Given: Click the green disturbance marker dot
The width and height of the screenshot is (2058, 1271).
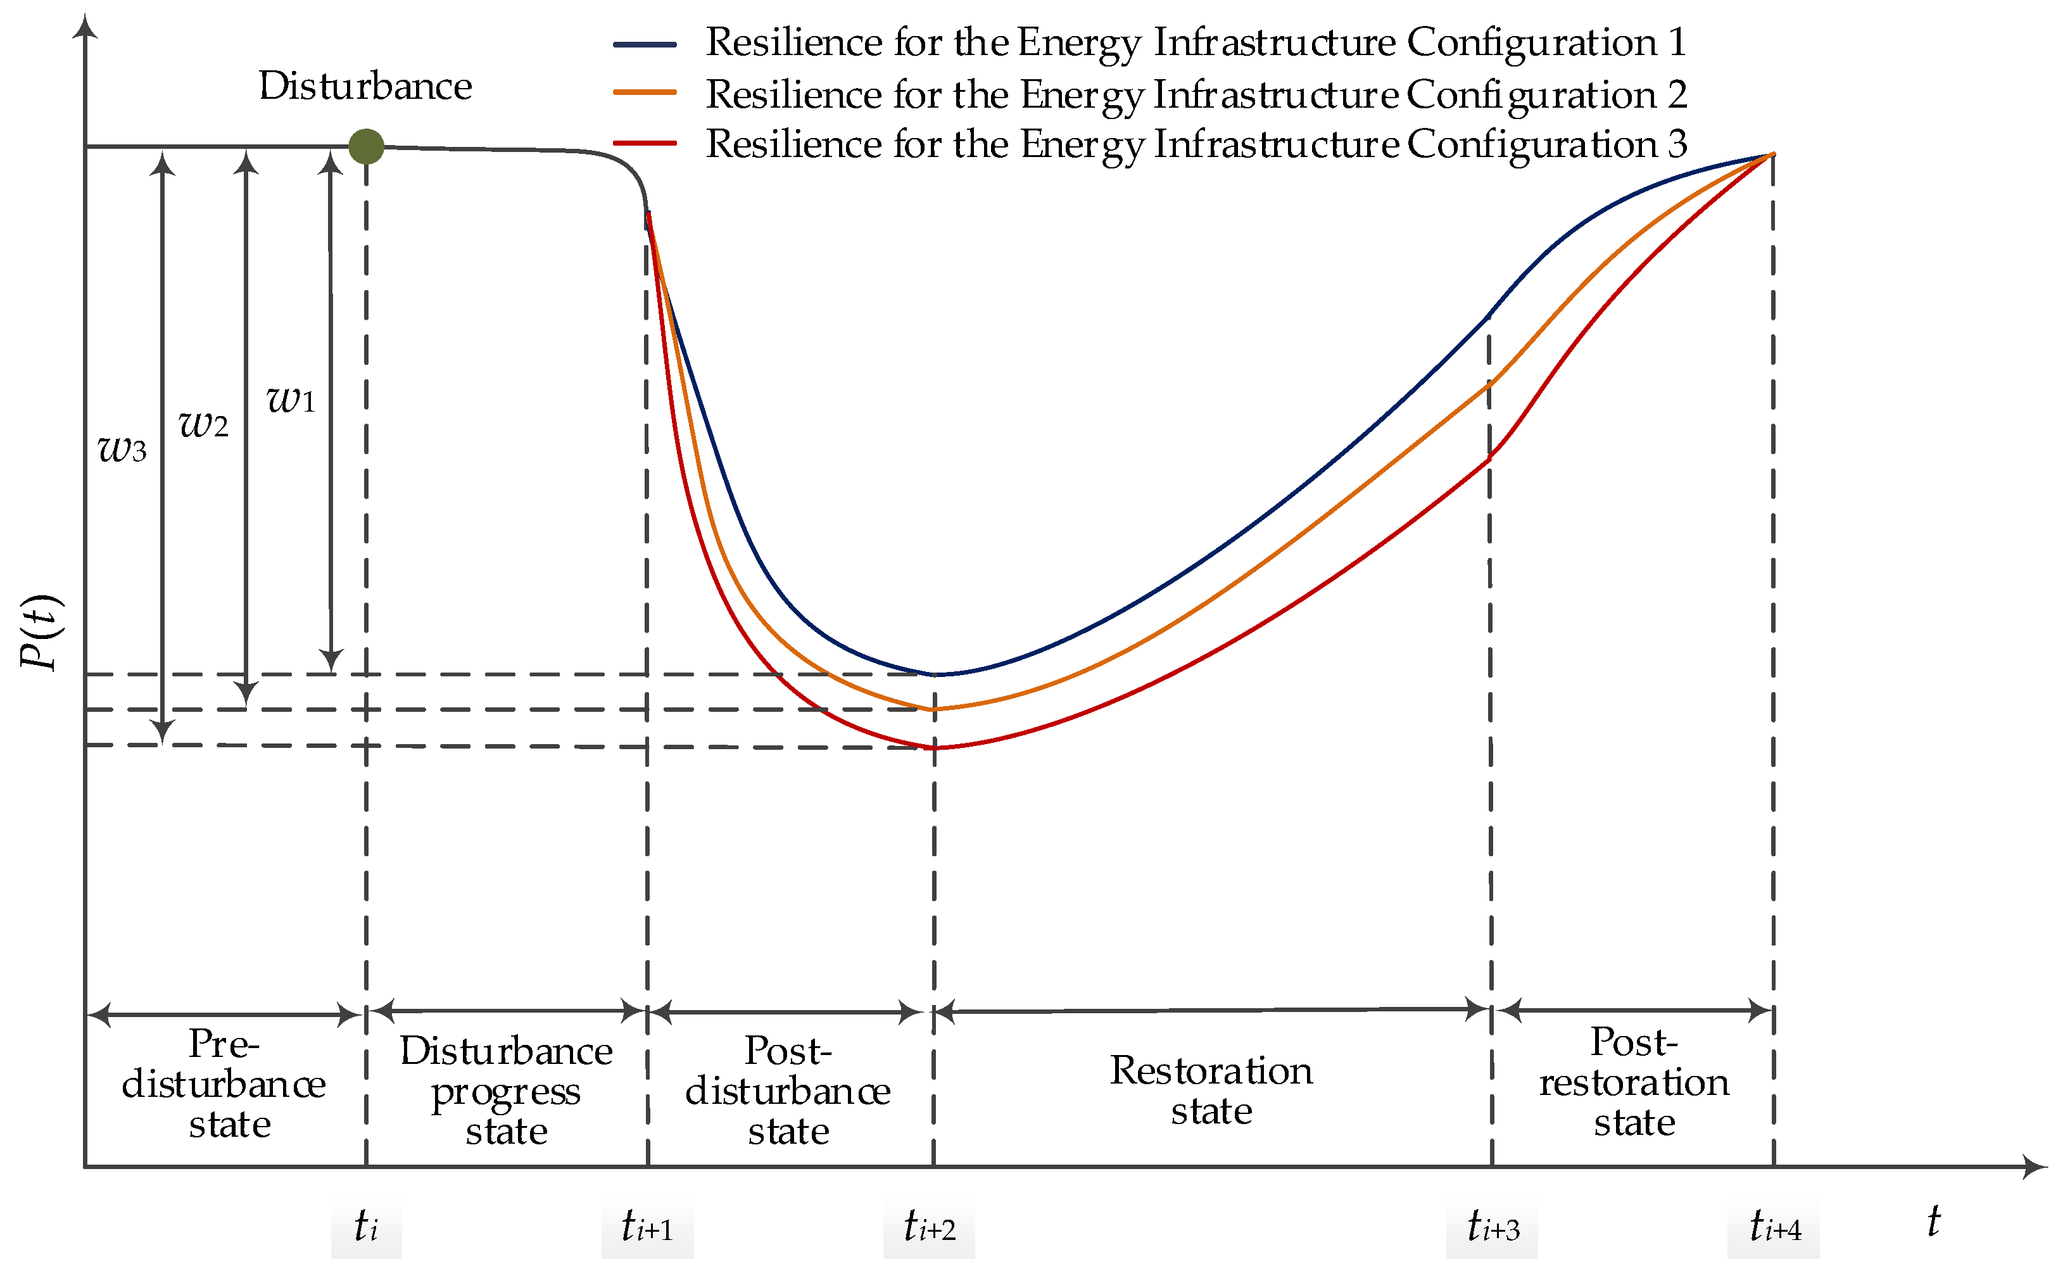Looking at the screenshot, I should coord(367,146).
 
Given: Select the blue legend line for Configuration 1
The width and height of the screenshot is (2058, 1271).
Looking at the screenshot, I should coord(645,44).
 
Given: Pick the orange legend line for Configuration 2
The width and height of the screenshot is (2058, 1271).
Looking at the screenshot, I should coord(645,92).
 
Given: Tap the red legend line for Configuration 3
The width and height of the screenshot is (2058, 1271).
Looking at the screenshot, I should coord(645,143).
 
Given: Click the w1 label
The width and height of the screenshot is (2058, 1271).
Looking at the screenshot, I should coord(291,400).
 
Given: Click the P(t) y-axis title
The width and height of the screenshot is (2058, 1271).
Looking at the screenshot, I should coord(41,632).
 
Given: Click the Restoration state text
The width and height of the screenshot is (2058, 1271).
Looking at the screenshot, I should coord(1211,1091).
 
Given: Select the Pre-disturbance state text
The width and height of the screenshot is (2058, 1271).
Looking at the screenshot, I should coord(224,1084).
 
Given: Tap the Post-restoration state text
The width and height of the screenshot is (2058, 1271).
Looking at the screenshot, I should coord(1634,1083).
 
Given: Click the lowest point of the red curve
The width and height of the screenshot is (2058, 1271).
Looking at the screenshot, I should coord(933,747).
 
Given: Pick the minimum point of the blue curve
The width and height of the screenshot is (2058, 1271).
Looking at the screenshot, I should coord(933,674).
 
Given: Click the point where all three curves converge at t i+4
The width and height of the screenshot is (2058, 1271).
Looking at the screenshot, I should coord(1773,154).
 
